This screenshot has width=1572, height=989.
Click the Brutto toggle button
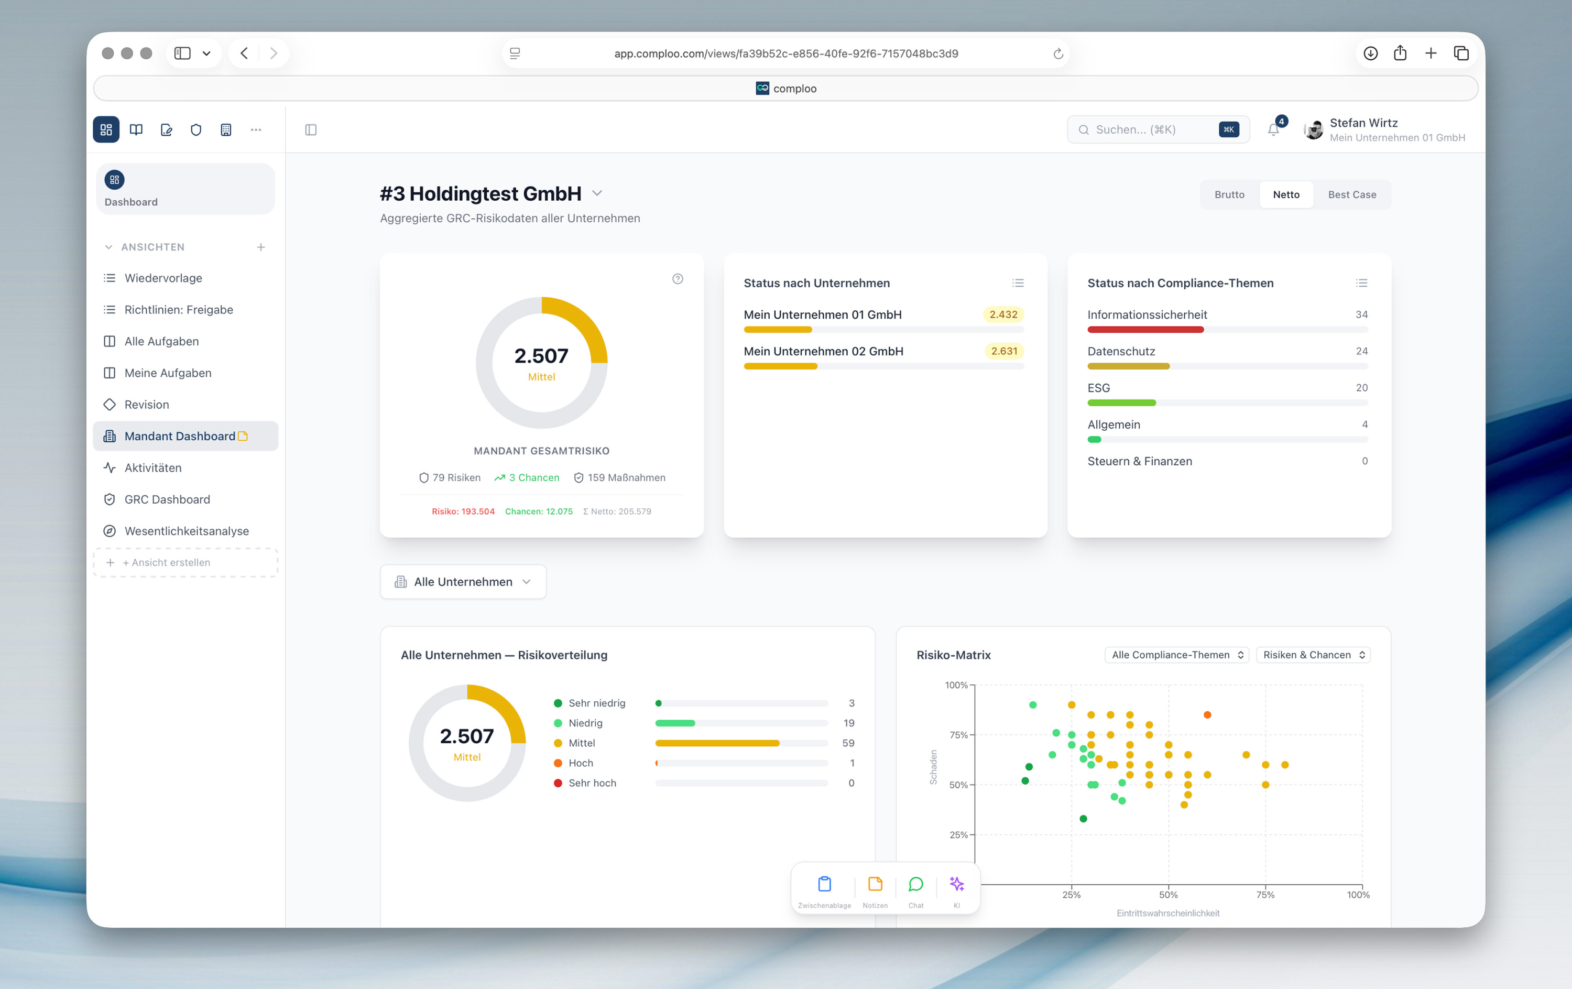(1229, 194)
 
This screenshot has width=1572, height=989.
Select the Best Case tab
(1351, 194)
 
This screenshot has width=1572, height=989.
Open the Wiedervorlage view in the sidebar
(163, 278)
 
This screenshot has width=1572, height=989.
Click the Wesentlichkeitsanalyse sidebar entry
(186, 531)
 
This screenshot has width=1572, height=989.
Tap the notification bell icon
(1273, 130)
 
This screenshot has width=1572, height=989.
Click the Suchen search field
(1149, 130)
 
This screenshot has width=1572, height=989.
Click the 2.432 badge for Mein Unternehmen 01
(1003, 314)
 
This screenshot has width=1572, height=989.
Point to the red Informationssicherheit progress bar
(1145, 330)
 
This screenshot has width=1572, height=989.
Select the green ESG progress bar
(1121, 404)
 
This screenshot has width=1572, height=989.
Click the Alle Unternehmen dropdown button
(463, 582)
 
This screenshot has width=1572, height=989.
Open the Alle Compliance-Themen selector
(1176, 655)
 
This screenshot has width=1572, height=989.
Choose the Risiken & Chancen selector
(1313, 655)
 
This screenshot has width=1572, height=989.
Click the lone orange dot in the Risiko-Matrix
(1207, 715)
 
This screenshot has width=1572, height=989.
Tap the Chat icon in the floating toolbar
(915, 885)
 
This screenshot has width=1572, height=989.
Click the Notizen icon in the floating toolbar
(875, 885)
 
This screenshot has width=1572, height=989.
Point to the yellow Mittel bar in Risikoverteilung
(717, 743)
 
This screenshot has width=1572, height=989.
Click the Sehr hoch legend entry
(592, 782)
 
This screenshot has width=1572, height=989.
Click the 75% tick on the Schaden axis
(958, 735)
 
